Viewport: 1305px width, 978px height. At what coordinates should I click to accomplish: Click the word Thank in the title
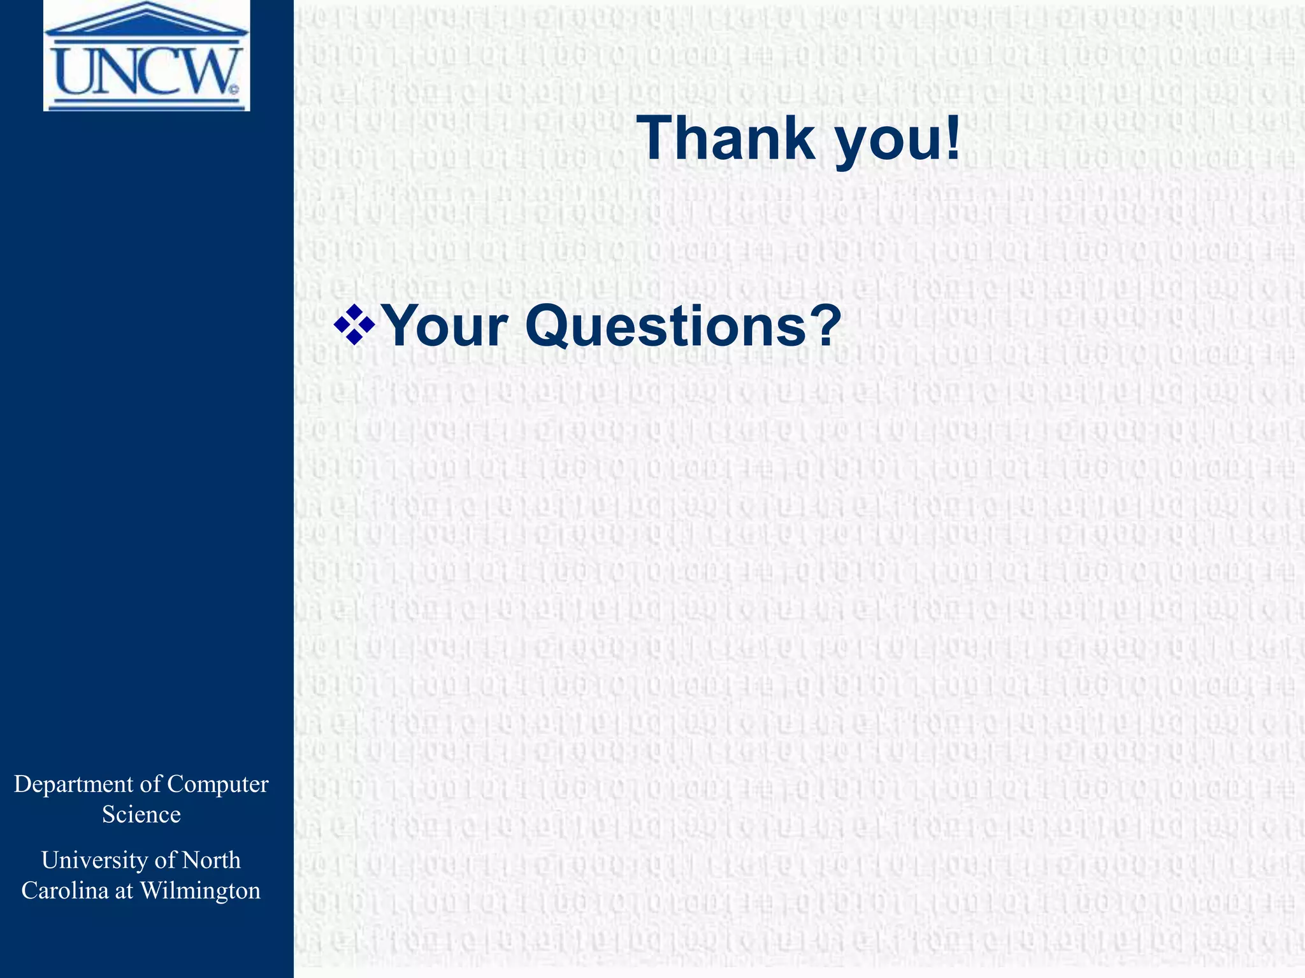(x=726, y=139)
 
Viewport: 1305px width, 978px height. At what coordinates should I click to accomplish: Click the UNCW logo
(x=147, y=56)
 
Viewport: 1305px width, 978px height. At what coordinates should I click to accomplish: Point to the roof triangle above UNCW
(x=147, y=19)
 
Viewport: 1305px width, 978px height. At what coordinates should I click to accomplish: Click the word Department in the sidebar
(x=75, y=784)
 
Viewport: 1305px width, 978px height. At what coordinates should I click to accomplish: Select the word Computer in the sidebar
(x=218, y=784)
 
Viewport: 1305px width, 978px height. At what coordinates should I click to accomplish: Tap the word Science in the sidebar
(x=141, y=815)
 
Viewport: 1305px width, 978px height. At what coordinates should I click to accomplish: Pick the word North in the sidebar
(x=212, y=860)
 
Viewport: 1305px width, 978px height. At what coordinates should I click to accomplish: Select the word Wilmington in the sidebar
(x=200, y=891)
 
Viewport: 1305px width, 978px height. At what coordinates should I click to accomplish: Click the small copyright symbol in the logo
(x=234, y=89)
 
